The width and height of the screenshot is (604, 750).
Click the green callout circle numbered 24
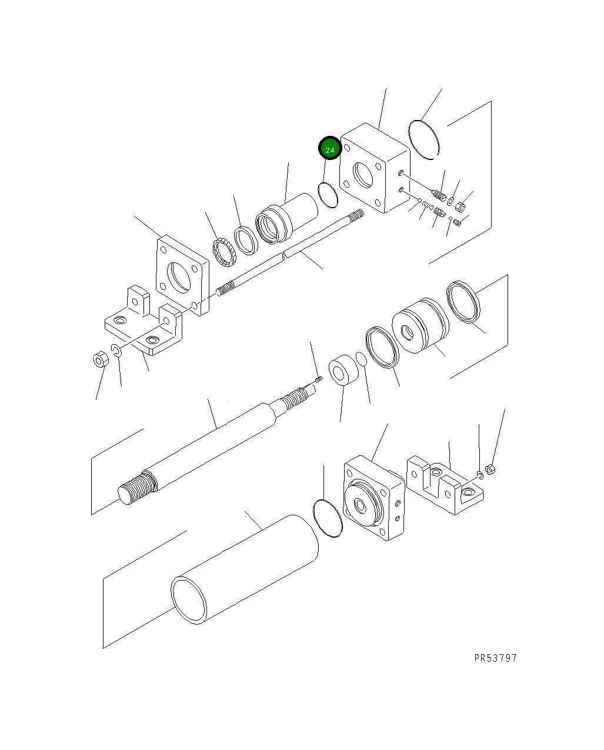[x=329, y=149]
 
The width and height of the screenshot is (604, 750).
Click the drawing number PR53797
[x=495, y=658]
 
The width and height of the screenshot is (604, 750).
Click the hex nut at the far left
[x=100, y=358]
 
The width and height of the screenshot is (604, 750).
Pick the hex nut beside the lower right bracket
[x=493, y=469]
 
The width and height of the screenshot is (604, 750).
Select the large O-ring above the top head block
[x=424, y=139]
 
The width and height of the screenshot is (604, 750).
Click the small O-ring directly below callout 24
[x=328, y=195]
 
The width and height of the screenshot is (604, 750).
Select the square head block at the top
[x=374, y=168]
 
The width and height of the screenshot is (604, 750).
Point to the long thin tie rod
[x=288, y=254]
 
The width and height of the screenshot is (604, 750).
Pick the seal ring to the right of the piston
[x=463, y=302]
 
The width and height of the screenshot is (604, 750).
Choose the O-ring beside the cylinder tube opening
[x=328, y=518]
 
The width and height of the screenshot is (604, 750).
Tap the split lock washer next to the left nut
[x=116, y=352]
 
